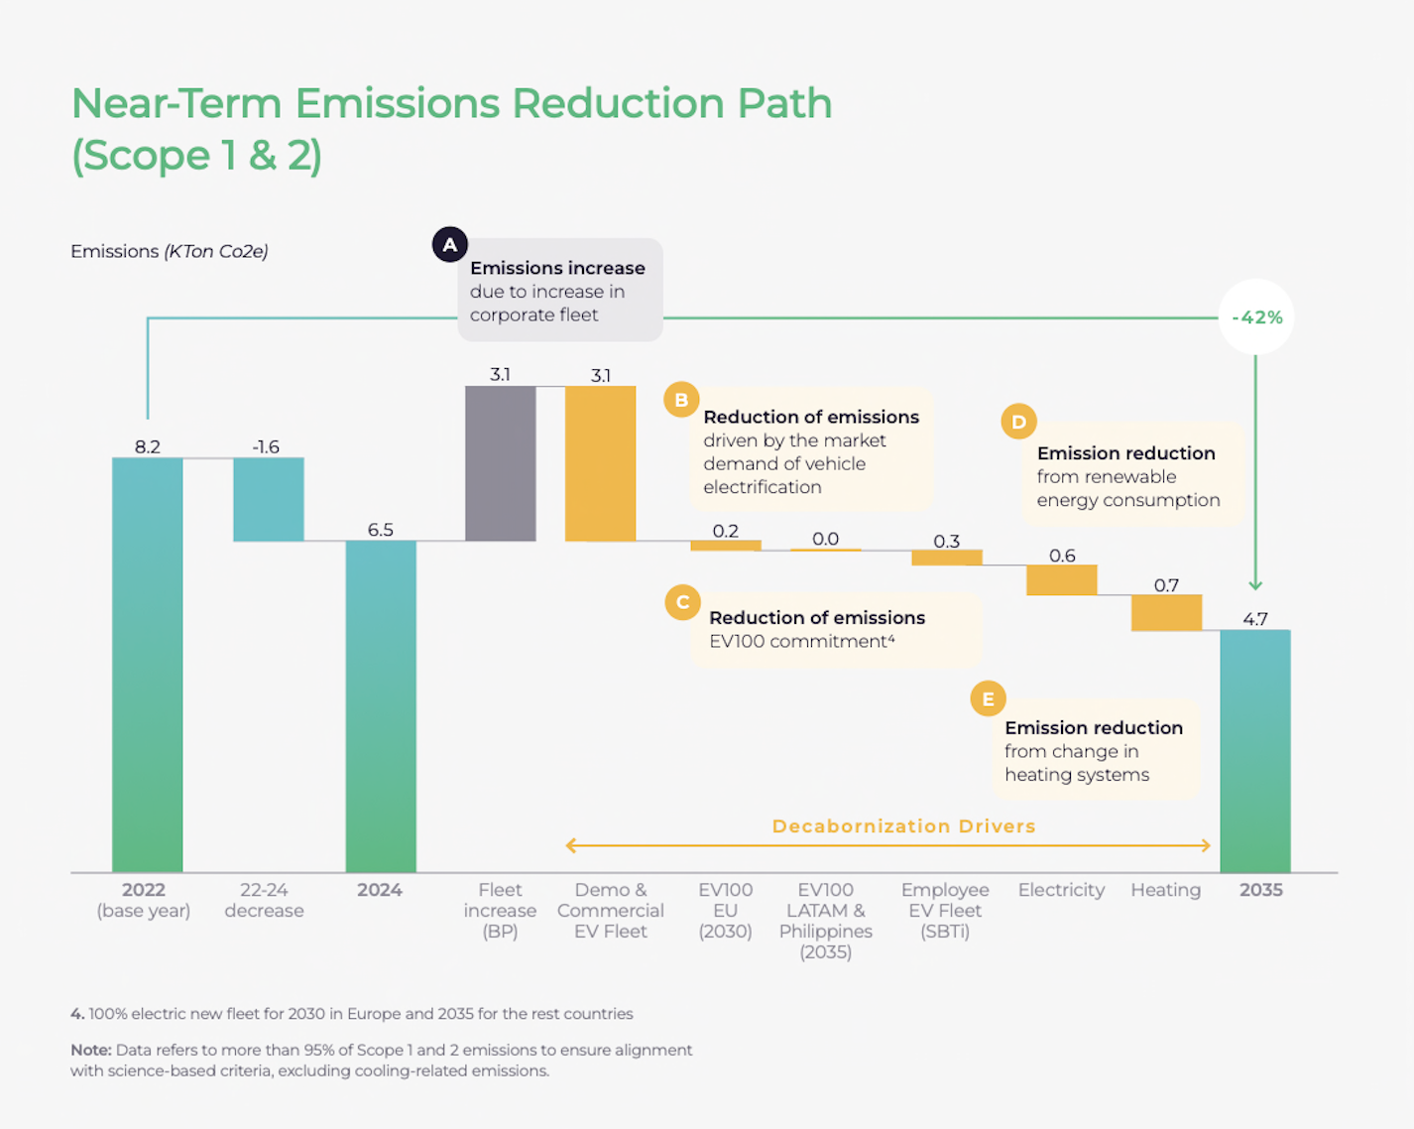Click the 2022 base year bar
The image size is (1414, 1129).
click(147, 665)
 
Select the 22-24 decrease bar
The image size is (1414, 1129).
click(268, 499)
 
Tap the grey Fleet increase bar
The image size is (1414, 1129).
click(500, 463)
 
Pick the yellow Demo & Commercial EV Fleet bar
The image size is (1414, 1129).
click(600, 463)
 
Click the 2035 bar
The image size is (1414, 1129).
click(1254, 751)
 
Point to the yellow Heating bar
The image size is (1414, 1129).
click(1166, 612)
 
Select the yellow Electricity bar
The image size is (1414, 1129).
click(1061, 579)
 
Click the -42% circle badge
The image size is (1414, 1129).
click(1256, 317)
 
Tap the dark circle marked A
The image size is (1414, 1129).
click(449, 244)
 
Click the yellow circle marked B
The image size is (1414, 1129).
click(681, 400)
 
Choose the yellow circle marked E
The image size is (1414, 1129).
click(988, 698)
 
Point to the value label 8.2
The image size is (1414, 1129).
click(147, 446)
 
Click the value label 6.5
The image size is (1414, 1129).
click(380, 530)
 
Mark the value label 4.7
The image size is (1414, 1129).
click(1254, 619)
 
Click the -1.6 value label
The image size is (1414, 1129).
click(266, 446)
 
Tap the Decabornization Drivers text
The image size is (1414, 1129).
click(903, 826)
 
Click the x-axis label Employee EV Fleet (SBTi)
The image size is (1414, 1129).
click(945, 910)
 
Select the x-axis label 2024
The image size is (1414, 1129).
click(380, 890)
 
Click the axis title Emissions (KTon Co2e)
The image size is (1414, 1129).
click(169, 251)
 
